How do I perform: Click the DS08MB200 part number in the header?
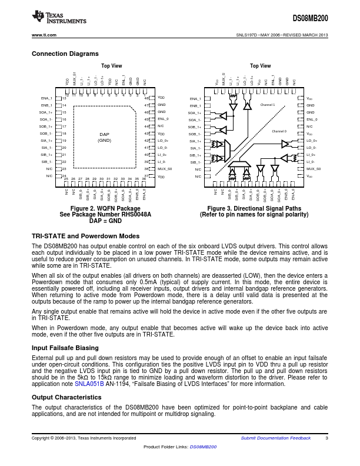tap(309, 19)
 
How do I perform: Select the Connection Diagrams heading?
tap(65, 54)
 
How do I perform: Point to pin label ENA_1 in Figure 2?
tap(46, 98)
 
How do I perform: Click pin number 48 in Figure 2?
tap(148, 98)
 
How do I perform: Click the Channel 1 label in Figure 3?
tap(268, 105)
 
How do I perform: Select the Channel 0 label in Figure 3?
tap(279, 131)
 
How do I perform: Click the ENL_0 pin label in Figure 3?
tap(312, 119)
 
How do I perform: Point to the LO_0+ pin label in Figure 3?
tap(312, 141)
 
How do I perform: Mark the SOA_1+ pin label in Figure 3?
tap(195, 112)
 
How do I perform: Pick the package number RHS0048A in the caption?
tap(132, 215)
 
